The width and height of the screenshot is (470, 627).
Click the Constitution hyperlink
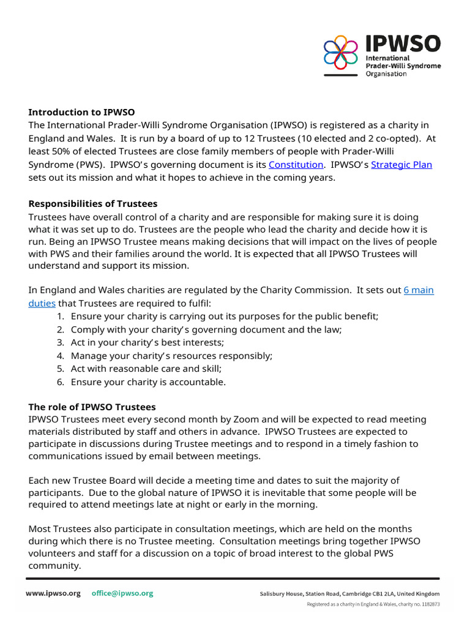pyautogui.click(x=296, y=165)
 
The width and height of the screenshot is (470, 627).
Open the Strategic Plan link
pyautogui.click(x=401, y=165)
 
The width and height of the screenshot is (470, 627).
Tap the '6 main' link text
pyautogui.click(x=419, y=290)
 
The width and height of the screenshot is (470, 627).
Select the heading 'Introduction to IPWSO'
pyautogui.click(x=81, y=112)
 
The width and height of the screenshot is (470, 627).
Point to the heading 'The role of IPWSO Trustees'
pyautogui.click(x=92, y=407)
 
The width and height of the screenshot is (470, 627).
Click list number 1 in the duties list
pyautogui.click(x=61, y=316)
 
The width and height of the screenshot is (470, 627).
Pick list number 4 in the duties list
pyautogui.click(x=61, y=356)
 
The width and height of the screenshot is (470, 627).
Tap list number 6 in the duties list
pyautogui.click(x=61, y=382)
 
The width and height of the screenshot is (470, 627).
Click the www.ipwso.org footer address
pyautogui.click(x=53, y=593)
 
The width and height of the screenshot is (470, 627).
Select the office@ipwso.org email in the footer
pyautogui.click(x=122, y=593)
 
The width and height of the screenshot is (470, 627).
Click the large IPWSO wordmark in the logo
pyautogui.click(x=403, y=45)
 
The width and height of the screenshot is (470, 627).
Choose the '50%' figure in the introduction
pyautogui.click(x=62, y=152)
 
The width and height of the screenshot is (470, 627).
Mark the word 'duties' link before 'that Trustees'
pyautogui.click(x=42, y=303)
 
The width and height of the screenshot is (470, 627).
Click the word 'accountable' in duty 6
pyautogui.click(x=199, y=382)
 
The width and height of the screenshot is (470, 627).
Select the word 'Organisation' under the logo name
pyautogui.click(x=386, y=74)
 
